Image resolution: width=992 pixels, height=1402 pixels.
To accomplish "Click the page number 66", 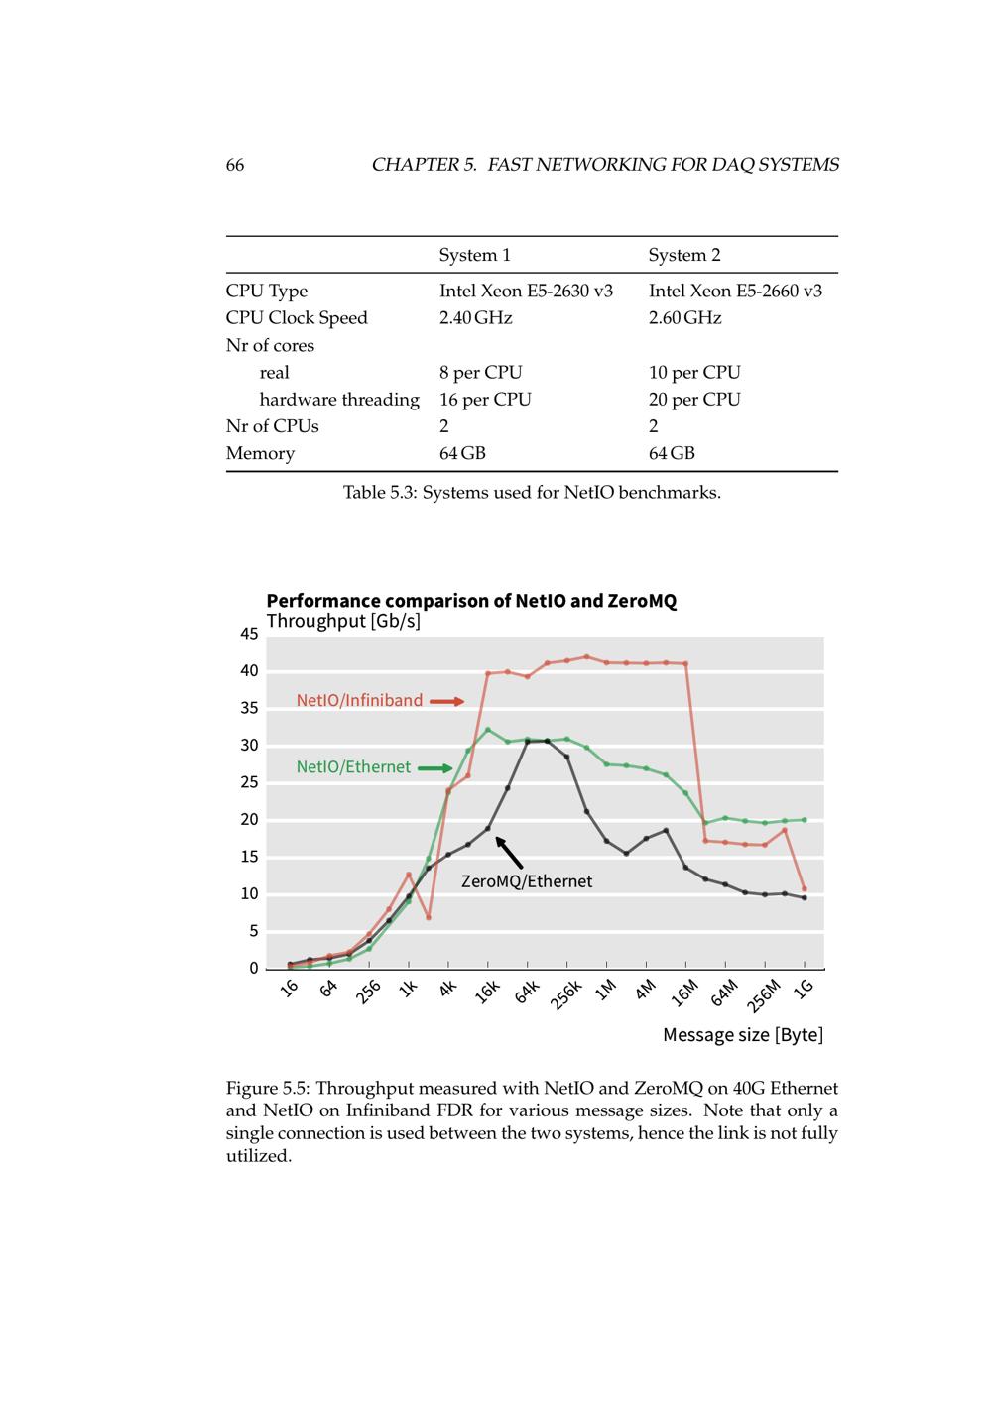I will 235,165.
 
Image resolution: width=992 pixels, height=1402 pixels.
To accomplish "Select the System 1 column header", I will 474,255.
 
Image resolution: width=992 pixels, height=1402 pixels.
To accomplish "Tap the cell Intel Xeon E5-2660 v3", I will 735,291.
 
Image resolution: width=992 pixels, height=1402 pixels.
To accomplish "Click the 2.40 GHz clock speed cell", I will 475,317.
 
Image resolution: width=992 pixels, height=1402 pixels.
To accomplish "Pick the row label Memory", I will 260,453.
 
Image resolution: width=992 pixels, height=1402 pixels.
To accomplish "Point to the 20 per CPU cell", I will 694,399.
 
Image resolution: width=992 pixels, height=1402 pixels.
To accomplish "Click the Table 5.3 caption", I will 532,492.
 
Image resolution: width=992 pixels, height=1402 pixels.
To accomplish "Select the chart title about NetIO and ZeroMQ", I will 471,601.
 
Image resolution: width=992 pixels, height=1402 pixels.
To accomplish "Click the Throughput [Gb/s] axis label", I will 343,621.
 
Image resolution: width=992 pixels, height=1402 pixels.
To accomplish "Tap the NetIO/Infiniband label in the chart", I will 359,701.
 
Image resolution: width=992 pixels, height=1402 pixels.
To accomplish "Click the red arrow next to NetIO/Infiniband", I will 446,701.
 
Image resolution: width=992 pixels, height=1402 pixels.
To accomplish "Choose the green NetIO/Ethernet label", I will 353,767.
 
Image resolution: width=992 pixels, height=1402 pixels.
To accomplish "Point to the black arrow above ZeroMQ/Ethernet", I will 509,852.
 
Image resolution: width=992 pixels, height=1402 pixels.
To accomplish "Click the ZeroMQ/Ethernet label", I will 527,881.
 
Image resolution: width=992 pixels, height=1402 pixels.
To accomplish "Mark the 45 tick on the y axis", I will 248,634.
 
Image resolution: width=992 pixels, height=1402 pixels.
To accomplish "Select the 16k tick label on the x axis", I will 486,991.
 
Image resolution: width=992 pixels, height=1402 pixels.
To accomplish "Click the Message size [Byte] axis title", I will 742,1035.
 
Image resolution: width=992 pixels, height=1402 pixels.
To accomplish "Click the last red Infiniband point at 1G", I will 804,889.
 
